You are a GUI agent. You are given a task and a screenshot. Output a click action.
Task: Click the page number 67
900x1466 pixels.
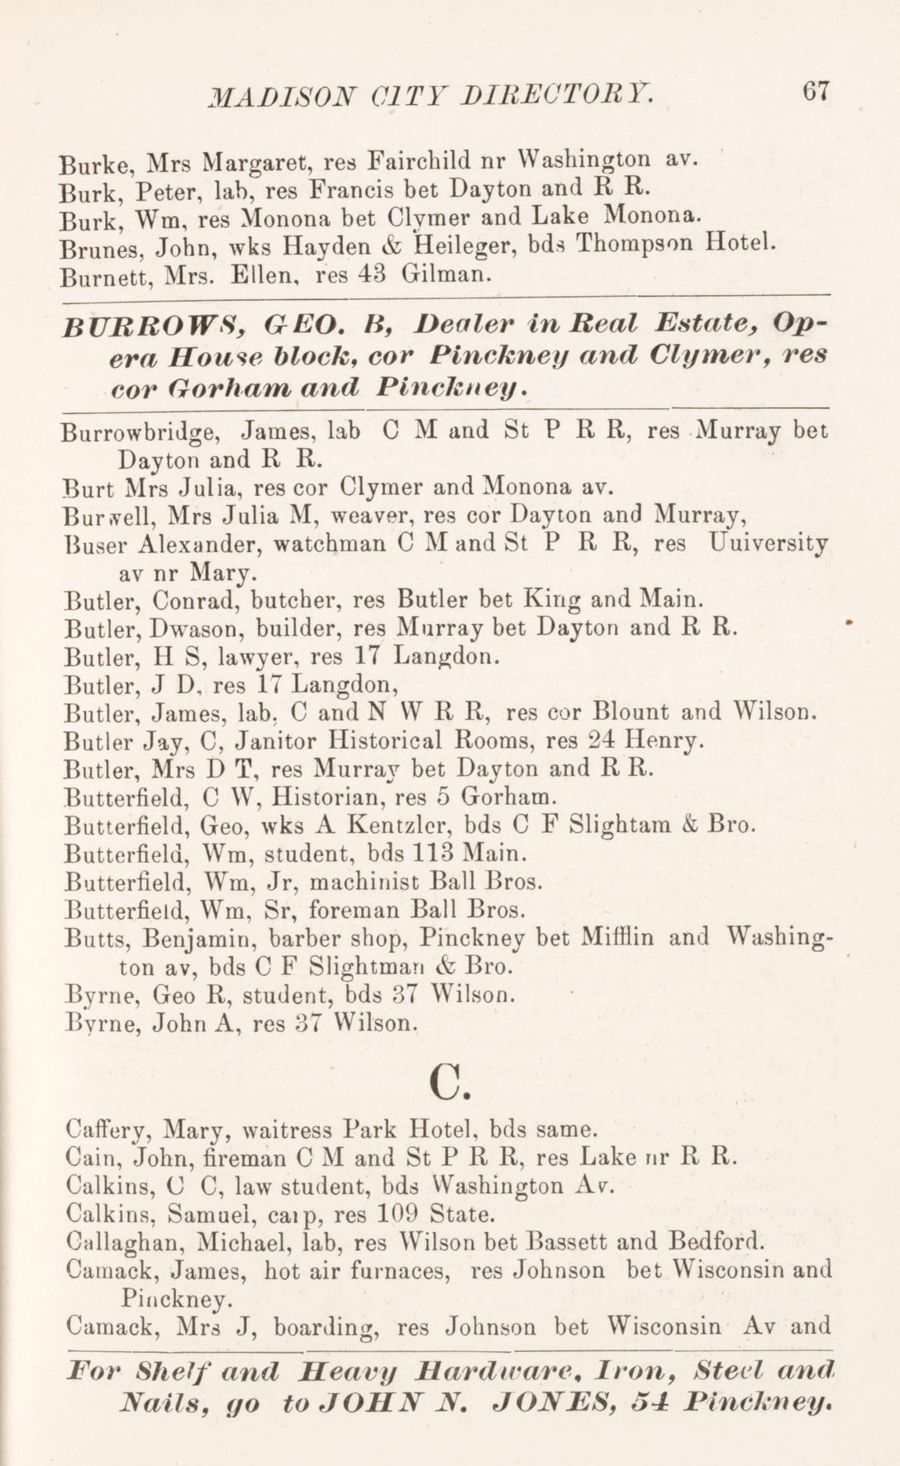tap(813, 91)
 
